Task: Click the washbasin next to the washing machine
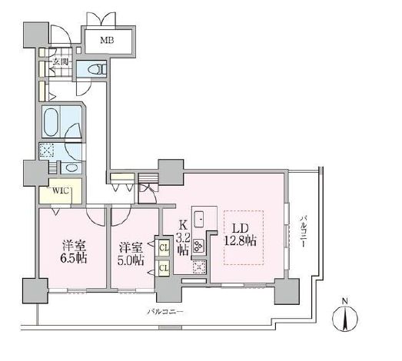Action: click(x=72, y=167)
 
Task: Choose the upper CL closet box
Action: click(x=163, y=248)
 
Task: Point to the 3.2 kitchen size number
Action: click(x=183, y=237)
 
